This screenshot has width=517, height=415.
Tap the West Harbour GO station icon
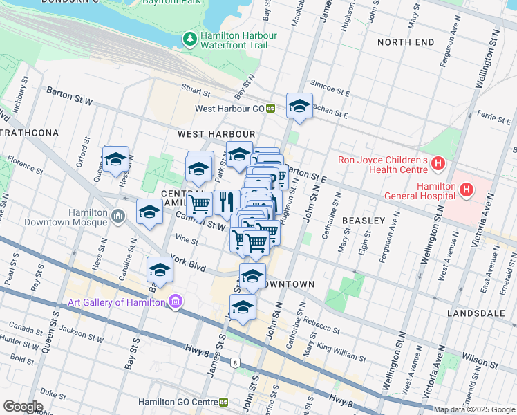271,109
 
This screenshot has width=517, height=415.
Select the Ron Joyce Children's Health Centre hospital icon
437,164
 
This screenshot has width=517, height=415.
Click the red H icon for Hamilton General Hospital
467,188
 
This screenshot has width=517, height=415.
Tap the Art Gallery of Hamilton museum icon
176,302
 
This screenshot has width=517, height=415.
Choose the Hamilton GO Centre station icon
224,402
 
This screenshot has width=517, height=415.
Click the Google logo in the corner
23,407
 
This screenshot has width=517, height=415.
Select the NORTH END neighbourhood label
406,42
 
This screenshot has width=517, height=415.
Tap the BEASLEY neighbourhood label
364,220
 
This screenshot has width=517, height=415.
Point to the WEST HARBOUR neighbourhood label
216,133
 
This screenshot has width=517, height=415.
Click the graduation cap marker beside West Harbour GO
299,107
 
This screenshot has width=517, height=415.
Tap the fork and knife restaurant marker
226,202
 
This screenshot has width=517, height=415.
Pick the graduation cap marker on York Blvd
159,270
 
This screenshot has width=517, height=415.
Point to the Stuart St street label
196,91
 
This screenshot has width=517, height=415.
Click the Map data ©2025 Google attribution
474,409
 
